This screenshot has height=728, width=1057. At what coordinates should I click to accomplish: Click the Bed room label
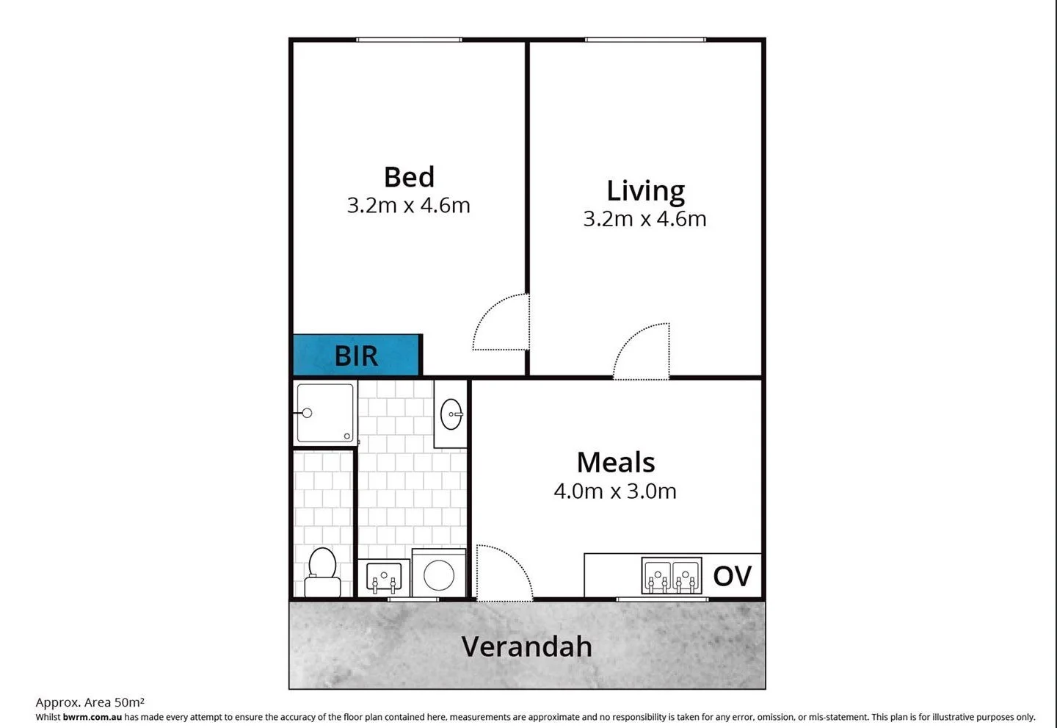coord(409,177)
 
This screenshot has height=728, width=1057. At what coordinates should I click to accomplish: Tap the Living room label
coord(645,191)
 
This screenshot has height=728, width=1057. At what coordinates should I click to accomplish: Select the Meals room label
coord(615,463)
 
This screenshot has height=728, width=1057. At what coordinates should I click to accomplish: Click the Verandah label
coord(526,646)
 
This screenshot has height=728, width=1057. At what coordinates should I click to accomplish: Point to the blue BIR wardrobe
coord(357,356)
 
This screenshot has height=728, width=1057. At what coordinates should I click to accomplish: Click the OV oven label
coord(732,576)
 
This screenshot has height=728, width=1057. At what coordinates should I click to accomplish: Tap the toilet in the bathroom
coord(322,573)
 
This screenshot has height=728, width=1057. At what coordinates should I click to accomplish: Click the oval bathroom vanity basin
coord(451,414)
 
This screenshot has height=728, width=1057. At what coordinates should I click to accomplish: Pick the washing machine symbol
coord(438,574)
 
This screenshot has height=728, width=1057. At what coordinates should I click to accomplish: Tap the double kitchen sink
coord(671,575)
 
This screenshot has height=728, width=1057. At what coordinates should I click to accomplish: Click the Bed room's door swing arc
coord(499,323)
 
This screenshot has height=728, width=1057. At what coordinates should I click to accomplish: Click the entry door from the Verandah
coord(504,573)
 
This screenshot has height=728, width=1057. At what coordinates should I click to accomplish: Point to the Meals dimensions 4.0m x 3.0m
coord(615,491)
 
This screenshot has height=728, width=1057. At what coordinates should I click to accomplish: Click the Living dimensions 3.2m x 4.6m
coord(644,219)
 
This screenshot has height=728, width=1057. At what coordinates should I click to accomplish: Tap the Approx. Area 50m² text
coord(90,702)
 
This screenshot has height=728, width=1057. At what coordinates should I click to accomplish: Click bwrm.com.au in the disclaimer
coord(92,717)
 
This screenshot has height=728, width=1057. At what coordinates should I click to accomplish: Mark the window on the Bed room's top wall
coord(409,40)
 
